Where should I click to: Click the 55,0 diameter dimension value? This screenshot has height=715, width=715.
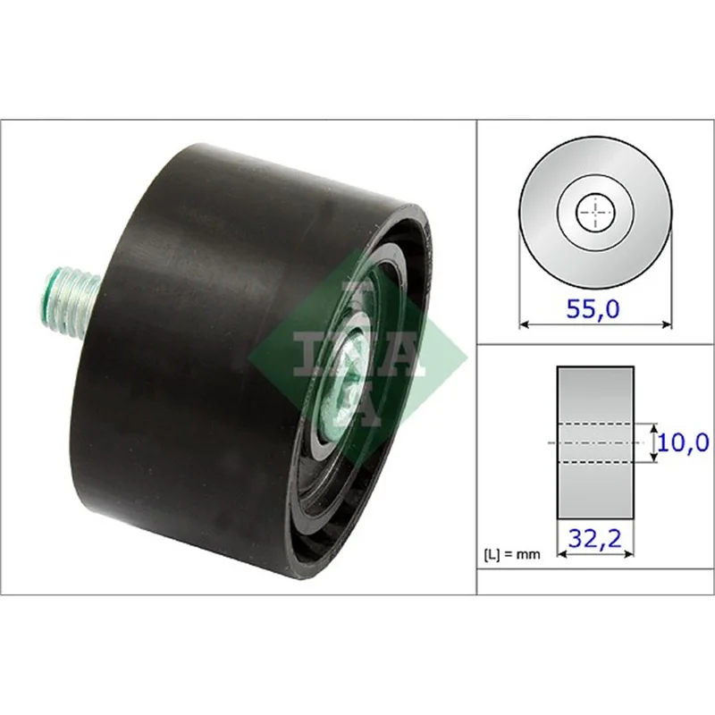pyautogui.click(x=593, y=308)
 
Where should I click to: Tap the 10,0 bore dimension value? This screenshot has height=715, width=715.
pyautogui.click(x=683, y=442)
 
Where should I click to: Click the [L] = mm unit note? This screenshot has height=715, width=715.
pyautogui.click(x=511, y=554)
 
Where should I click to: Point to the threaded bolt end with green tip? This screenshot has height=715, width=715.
pyautogui.click(x=71, y=299)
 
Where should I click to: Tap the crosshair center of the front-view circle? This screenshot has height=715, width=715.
pyautogui.click(x=595, y=213)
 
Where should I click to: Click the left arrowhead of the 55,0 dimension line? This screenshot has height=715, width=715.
pyautogui.click(x=524, y=324)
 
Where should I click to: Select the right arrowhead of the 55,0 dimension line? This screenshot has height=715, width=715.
pyautogui.click(x=667, y=324)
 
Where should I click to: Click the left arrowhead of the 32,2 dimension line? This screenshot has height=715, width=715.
pyautogui.click(x=562, y=554)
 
